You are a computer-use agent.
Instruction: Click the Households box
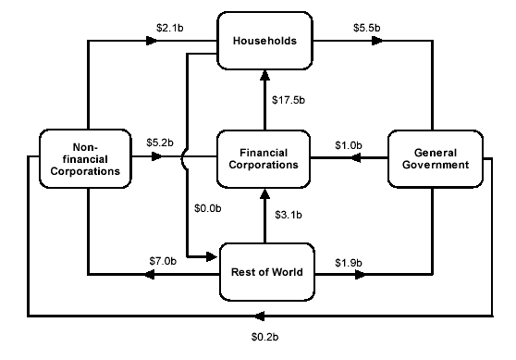point(265,43)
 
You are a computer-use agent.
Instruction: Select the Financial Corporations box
point(265,158)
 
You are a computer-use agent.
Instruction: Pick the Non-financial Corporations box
point(86,158)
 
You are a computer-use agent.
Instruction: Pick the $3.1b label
point(289,215)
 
